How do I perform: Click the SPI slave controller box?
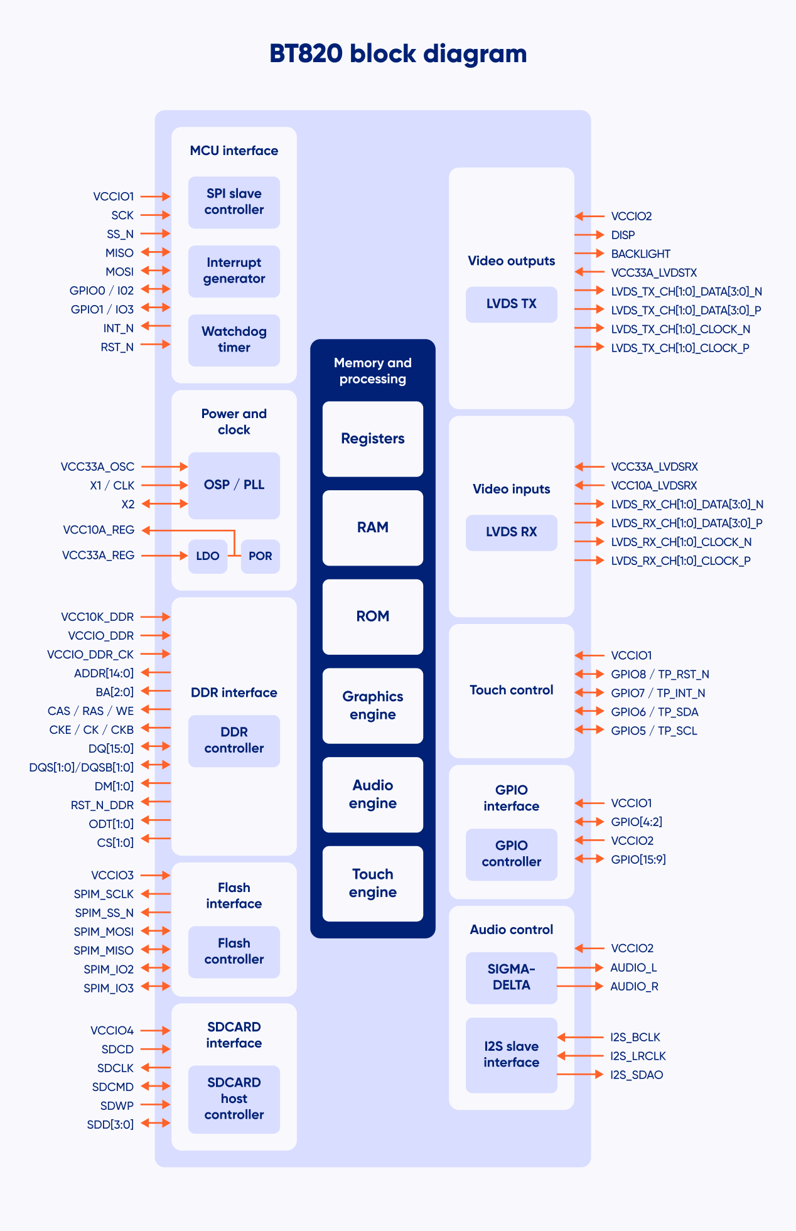pyautogui.click(x=234, y=202)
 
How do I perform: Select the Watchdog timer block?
pyautogui.click(x=234, y=340)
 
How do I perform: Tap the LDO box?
pyautogui.click(x=208, y=556)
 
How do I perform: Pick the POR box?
pyautogui.click(x=260, y=556)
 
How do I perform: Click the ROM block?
pyautogui.click(x=373, y=616)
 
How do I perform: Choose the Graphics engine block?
pyautogui.click(x=373, y=706)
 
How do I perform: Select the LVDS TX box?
pyautogui.click(x=512, y=304)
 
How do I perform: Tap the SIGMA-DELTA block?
pyautogui.click(x=512, y=977)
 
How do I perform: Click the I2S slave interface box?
pyautogui.click(x=512, y=1055)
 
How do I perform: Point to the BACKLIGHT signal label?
pyautogui.click(x=640, y=254)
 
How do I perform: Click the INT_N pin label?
pyautogui.click(x=119, y=328)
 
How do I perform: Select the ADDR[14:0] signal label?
pyautogui.click(x=104, y=674)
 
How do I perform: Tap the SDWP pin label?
pyautogui.click(x=117, y=1105)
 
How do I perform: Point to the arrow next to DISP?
pyautogui.click(x=589, y=235)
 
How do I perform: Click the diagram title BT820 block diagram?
pyautogui.click(x=398, y=54)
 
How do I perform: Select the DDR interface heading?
pyautogui.click(x=234, y=692)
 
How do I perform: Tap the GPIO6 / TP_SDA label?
pyautogui.click(x=655, y=712)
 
